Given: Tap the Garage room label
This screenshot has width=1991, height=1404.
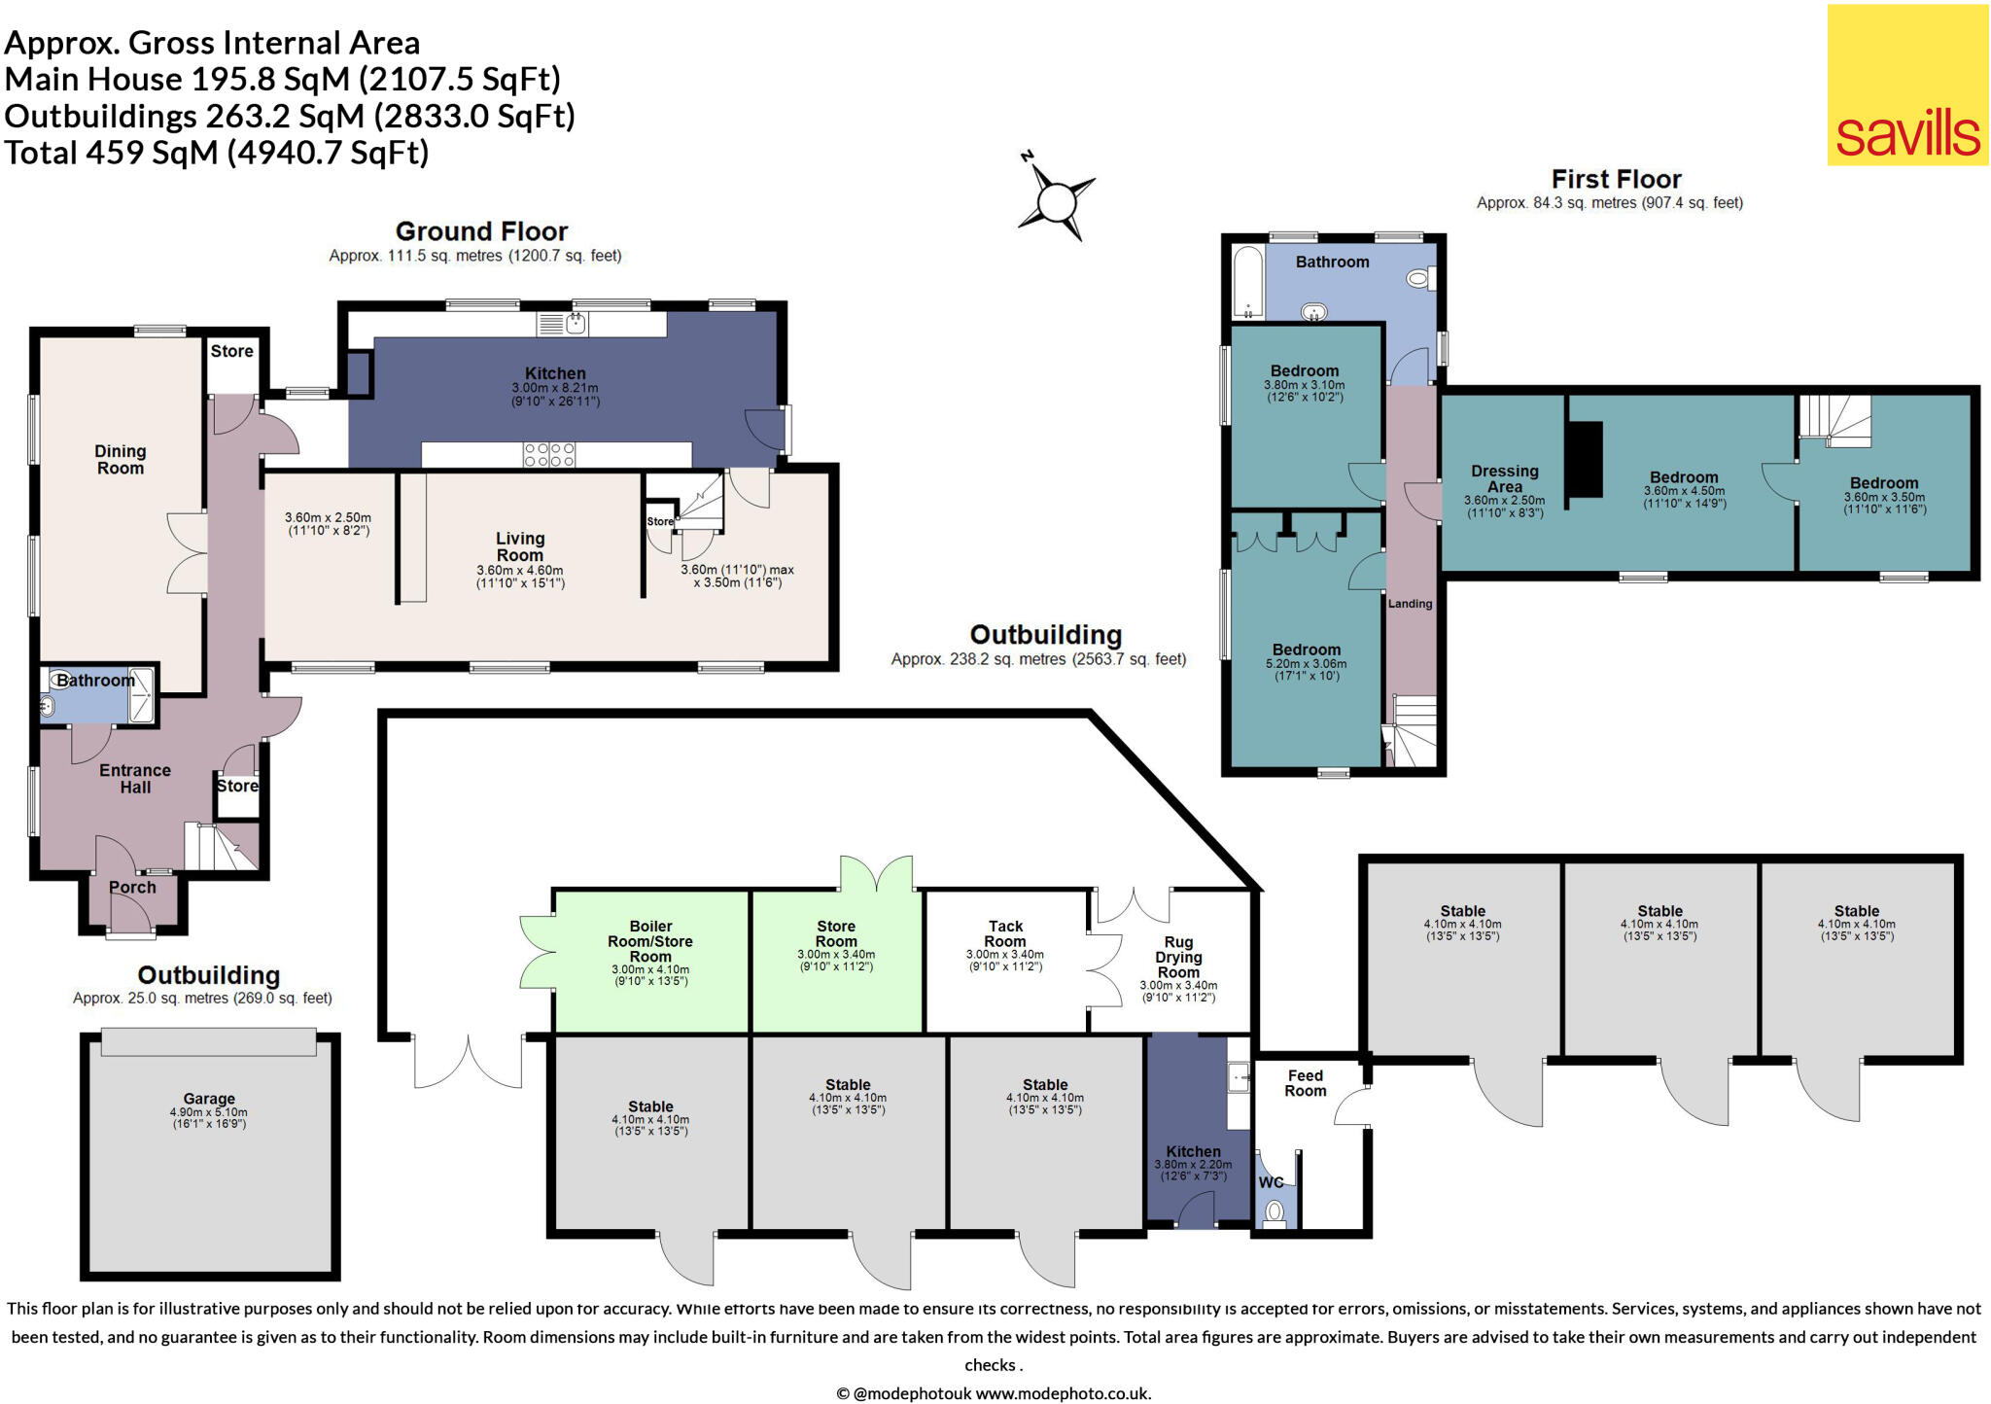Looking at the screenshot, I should tap(209, 1099).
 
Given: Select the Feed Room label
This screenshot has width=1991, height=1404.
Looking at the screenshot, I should tap(1305, 1082).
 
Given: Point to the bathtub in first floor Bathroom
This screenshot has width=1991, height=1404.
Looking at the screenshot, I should tap(1247, 282).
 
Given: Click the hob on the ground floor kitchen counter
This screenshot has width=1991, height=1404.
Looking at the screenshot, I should tap(549, 454).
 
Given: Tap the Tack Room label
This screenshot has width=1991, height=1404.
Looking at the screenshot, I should tap(1005, 933).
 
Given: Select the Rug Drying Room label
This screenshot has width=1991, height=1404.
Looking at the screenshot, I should tap(1178, 957).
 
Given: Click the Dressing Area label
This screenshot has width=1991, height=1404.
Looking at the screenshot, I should tap(1504, 478).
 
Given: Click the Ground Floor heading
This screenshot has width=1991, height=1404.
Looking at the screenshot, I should tap(481, 231).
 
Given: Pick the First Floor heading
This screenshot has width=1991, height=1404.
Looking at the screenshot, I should tap(1616, 179).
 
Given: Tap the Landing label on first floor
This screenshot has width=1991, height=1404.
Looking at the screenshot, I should tap(1410, 604).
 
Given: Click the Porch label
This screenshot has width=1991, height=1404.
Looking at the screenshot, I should tap(132, 887).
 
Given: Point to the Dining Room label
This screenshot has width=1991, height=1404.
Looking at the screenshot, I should tap(121, 459).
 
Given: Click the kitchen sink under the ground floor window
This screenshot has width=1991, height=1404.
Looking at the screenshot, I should tap(576, 323).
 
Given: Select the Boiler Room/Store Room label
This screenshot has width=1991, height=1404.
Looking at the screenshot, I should tap(650, 940).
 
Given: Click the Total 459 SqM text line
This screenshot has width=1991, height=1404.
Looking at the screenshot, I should tap(216, 153).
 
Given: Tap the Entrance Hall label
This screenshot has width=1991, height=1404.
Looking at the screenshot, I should tap(135, 778).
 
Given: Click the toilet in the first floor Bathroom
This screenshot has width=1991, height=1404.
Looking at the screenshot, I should tap(1418, 279).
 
